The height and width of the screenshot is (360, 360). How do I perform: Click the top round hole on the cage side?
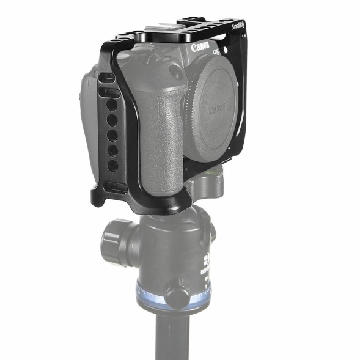[112, 105]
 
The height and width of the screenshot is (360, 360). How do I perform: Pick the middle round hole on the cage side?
[113, 134]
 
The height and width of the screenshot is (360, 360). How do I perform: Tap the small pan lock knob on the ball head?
[177, 297]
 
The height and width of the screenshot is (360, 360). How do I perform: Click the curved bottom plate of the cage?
[141, 205]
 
